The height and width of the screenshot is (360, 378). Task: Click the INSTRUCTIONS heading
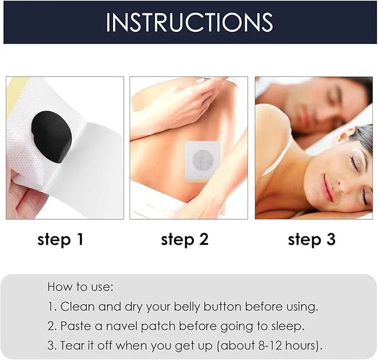189,22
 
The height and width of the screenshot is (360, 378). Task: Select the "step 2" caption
184,240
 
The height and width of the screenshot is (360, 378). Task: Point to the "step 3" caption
312,240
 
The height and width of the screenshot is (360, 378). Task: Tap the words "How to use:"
80,287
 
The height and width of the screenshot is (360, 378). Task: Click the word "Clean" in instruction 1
76,307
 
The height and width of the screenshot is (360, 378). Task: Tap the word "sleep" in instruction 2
288,326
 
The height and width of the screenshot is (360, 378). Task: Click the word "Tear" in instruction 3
73,346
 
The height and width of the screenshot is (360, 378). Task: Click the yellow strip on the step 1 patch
13,89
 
